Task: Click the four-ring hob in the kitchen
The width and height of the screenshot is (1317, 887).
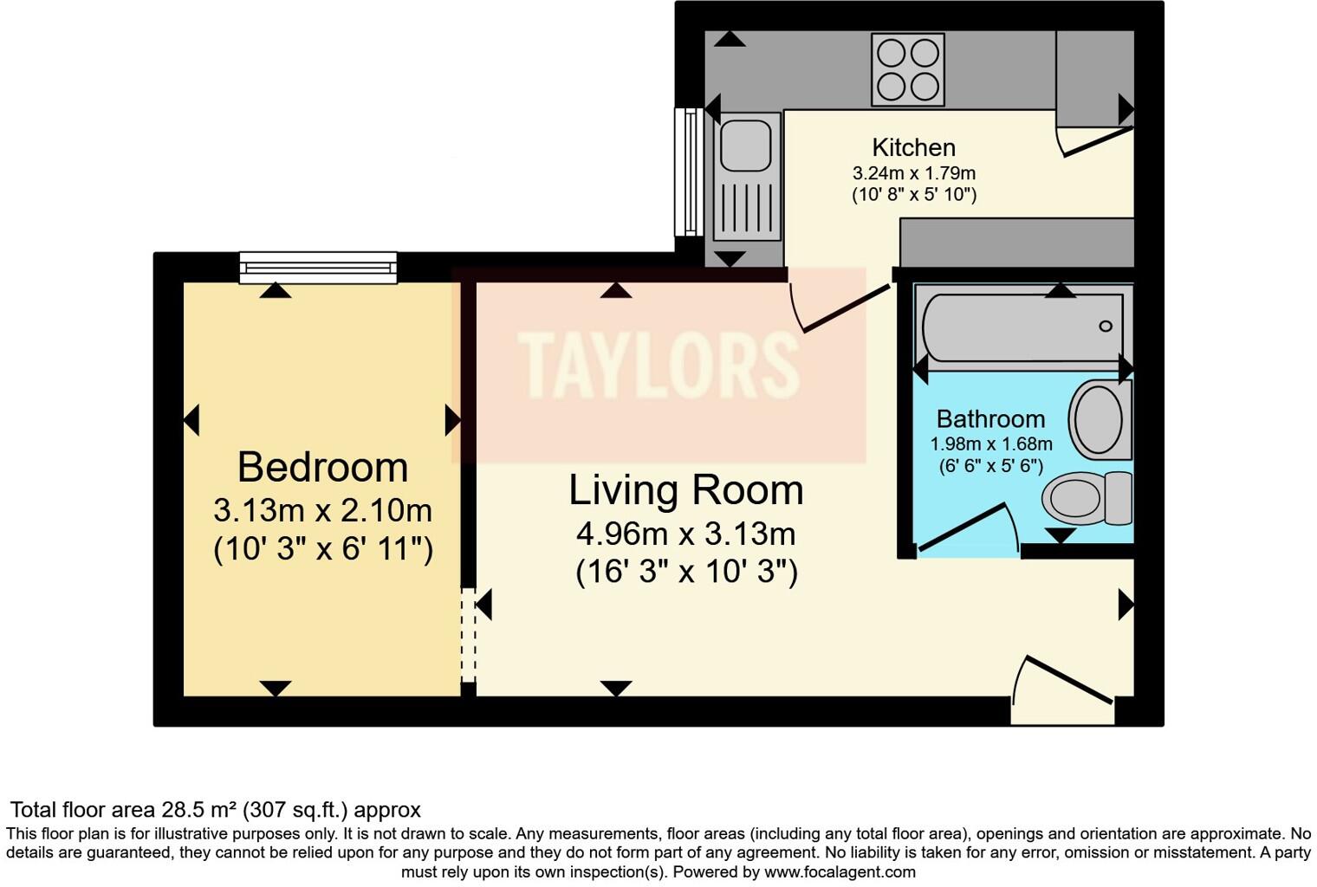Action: [907, 69]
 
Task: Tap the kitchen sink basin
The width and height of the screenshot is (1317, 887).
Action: [745, 146]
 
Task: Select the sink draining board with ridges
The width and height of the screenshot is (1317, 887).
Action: [745, 211]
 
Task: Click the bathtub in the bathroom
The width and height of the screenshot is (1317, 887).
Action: [1022, 327]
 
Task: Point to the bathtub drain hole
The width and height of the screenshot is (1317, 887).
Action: [1105, 327]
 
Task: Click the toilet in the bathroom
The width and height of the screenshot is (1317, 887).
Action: [1087, 498]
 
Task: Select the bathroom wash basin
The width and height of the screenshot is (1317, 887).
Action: [1100, 420]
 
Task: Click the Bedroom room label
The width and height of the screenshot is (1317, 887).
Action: [322, 467]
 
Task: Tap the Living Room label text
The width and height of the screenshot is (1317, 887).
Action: [685, 490]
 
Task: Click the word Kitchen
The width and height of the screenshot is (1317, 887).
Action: [913, 147]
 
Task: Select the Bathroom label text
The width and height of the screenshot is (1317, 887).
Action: [990, 419]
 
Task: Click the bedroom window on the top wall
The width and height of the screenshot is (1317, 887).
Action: [318, 267]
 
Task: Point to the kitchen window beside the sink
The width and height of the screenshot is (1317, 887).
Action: [690, 172]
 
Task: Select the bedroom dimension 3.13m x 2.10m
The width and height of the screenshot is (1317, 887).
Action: [322, 511]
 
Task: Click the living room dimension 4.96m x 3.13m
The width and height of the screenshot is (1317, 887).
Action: [685, 534]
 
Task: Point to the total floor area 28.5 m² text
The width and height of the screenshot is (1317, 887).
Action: [215, 810]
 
